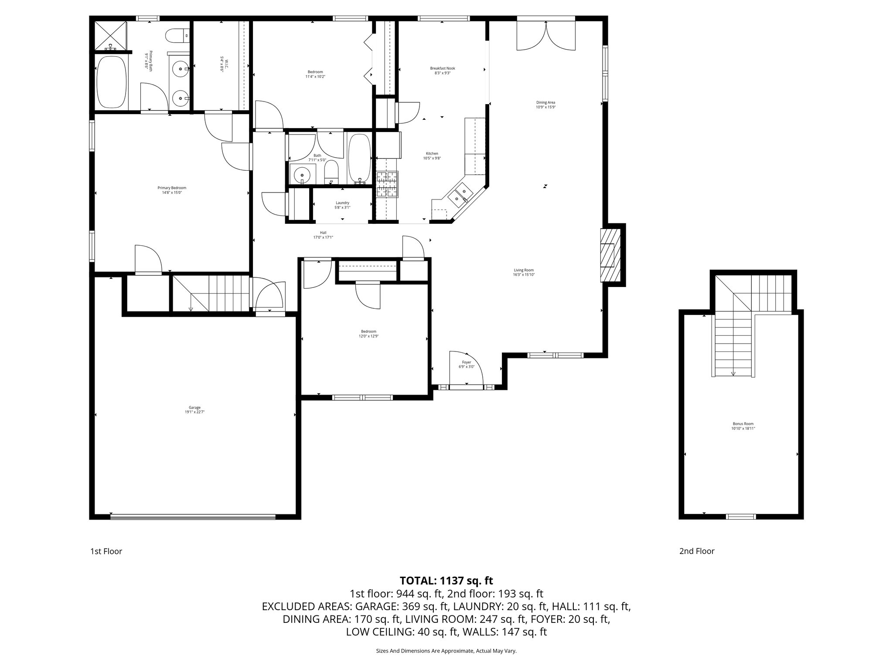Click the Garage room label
(x=194, y=409)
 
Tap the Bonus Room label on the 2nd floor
(x=743, y=426)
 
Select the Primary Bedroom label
(x=172, y=190)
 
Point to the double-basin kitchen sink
(x=460, y=195)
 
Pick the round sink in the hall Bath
(x=301, y=175)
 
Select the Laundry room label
(x=343, y=205)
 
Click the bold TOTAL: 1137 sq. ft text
(x=446, y=581)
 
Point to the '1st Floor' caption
(x=106, y=551)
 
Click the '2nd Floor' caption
(x=697, y=551)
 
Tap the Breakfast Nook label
(x=443, y=71)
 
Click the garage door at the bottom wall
(x=193, y=517)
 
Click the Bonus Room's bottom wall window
(x=741, y=517)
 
